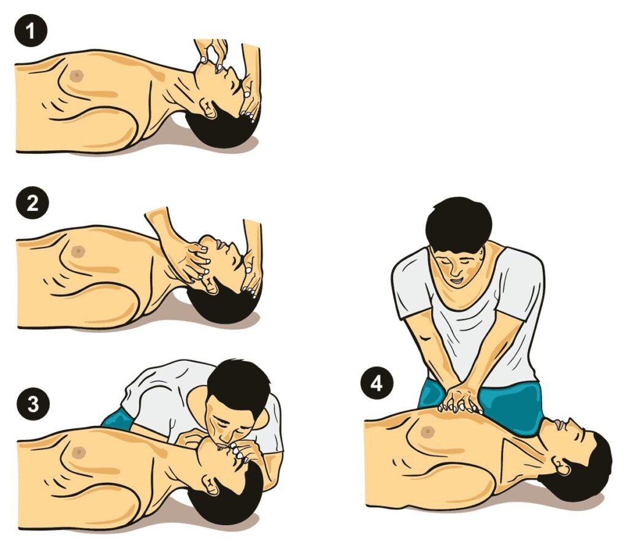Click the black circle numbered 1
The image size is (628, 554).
(x=31, y=31)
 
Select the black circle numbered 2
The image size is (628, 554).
(x=33, y=203)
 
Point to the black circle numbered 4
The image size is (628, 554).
(x=377, y=384)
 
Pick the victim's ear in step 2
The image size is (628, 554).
(x=211, y=284)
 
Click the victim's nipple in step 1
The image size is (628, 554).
(x=77, y=75)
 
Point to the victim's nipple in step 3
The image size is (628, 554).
(x=78, y=452)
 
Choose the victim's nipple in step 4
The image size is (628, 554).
(x=427, y=431)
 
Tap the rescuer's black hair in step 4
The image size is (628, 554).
(x=459, y=222)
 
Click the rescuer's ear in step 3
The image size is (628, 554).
(x=262, y=419)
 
